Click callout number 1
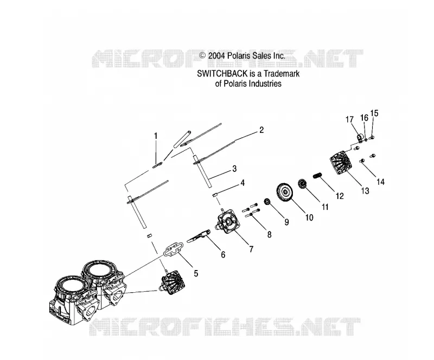(156, 136)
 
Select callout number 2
(261, 130)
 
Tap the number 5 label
(196, 273)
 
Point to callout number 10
(309, 217)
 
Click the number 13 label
(365, 191)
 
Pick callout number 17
(349, 119)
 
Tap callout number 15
(374, 113)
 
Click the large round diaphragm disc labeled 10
(285, 191)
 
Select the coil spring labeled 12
(317, 175)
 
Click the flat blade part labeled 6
(198, 236)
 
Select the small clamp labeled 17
(360, 138)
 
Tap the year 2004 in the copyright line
(216, 56)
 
